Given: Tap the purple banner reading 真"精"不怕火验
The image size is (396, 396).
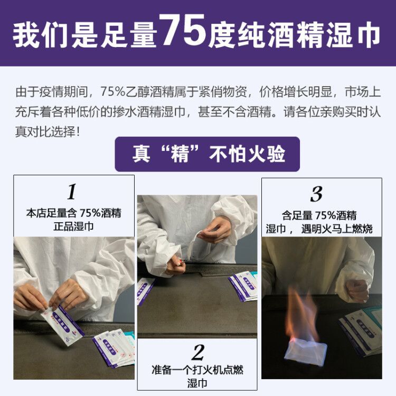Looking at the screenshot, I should tap(207, 154).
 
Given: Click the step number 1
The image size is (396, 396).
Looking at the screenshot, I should tap(72, 191).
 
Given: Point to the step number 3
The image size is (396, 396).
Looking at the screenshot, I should tap(316, 194).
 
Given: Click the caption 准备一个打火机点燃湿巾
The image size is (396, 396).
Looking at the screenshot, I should tap(197, 375).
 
